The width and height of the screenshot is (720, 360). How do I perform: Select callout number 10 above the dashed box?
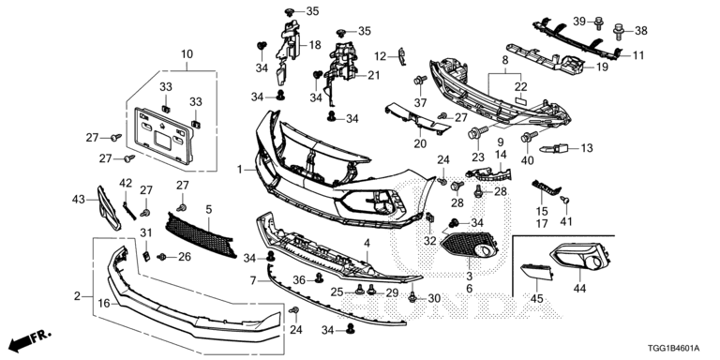tap(187, 54)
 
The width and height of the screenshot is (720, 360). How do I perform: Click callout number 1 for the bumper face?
tap(239, 170)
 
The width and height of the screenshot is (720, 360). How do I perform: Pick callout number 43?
tap(79, 199)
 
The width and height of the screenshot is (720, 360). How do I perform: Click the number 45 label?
tap(536, 298)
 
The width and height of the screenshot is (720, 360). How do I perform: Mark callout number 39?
tap(606, 21)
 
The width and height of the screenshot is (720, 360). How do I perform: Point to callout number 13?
tap(588, 148)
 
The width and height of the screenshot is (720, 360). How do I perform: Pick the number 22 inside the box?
tap(521, 86)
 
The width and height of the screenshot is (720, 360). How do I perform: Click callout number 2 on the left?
tap(77, 296)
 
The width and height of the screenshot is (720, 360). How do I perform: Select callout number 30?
tap(433, 298)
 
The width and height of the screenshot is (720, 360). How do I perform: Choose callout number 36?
tap(299, 278)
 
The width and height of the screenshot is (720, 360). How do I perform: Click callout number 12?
tap(381, 56)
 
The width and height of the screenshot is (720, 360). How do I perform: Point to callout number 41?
tap(565, 221)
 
